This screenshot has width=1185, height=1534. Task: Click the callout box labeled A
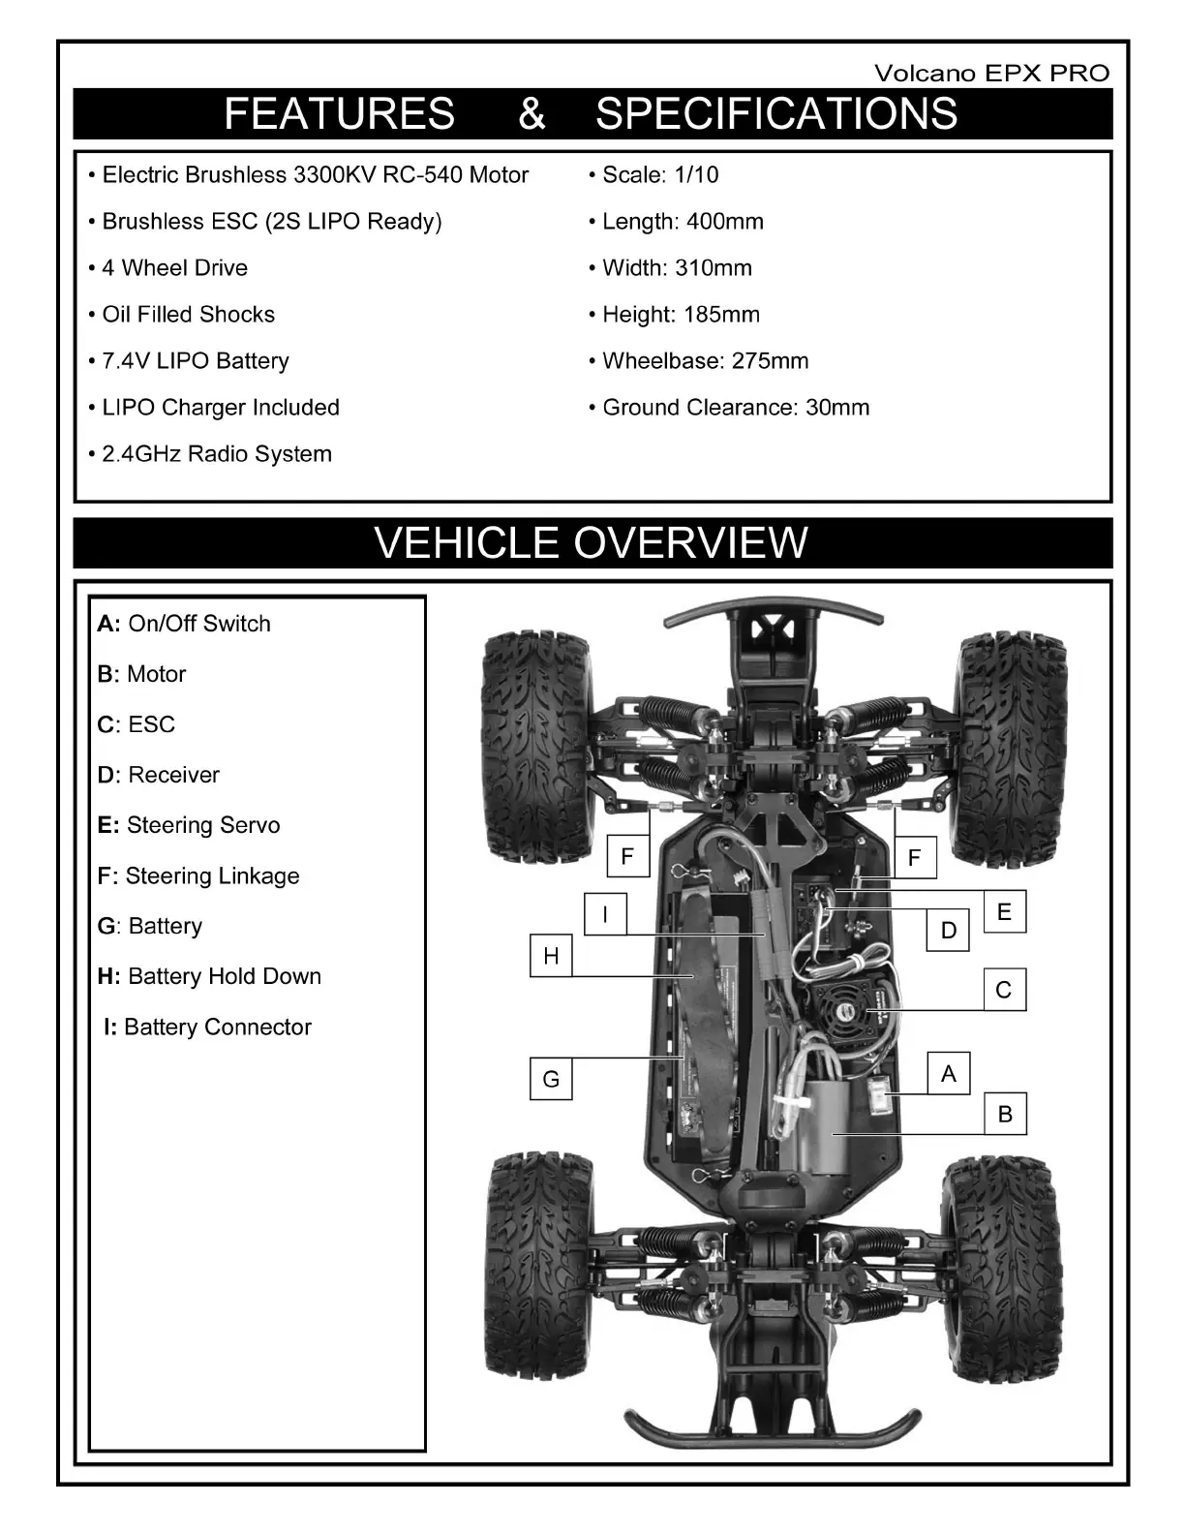(949, 1073)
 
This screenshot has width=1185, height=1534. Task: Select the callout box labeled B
(1005, 1114)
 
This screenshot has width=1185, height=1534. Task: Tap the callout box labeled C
(1004, 990)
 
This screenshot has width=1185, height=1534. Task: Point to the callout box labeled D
(949, 931)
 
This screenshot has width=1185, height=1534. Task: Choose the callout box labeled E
(1004, 911)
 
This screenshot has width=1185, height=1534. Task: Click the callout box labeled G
(551, 1079)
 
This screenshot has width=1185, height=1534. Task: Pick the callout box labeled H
(551, 956)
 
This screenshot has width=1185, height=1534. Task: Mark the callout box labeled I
(605, 913)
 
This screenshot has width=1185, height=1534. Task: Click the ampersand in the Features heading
(532, 113)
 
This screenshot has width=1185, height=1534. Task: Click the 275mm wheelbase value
(770, 361)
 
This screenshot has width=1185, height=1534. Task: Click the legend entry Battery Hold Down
(209, 976)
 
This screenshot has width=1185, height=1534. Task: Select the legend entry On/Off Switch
(184, 624)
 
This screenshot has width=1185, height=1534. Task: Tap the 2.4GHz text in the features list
(141, 454)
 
